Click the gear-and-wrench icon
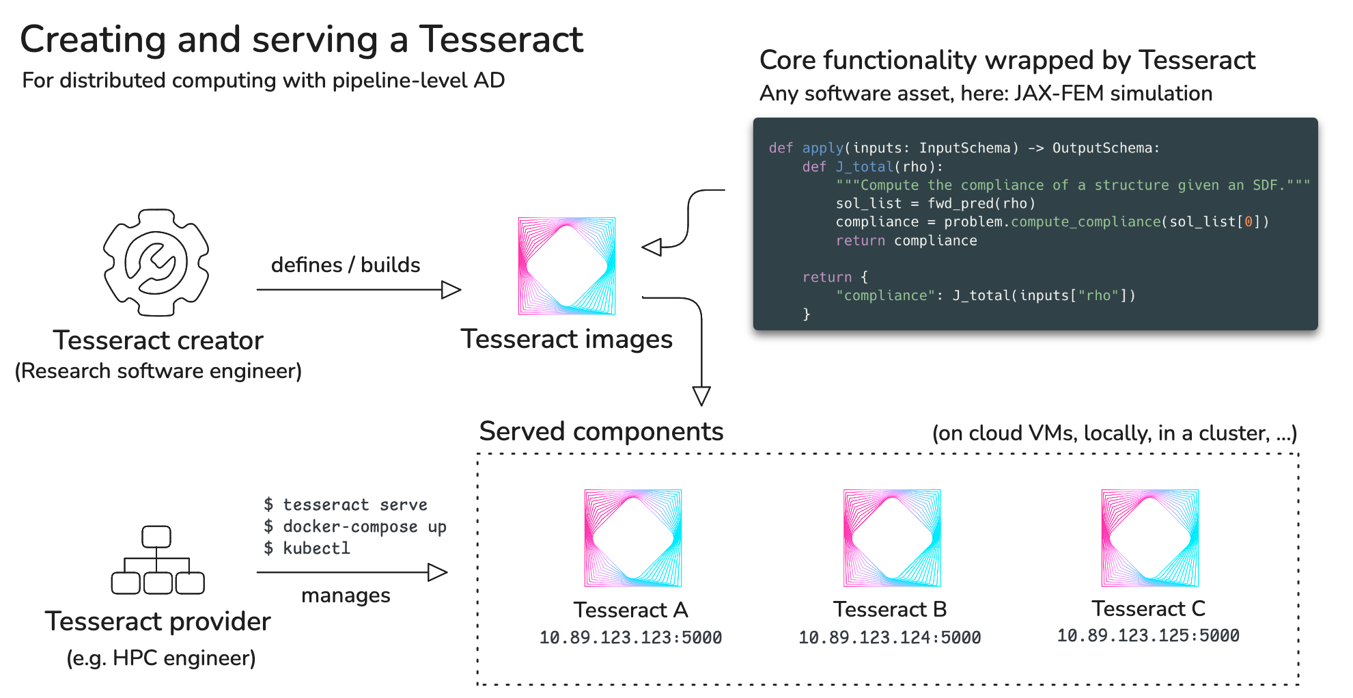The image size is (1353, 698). [x=156, y=263]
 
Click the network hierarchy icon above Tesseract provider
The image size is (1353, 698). [x=158, y=560]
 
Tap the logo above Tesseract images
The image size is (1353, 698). [x=567, y=266]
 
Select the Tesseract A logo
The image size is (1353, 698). [x=633, y=538]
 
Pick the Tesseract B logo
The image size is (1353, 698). [x=892, y=538]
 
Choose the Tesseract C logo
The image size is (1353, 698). [x=1150, y=538]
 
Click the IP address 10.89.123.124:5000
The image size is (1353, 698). [x=889, y=638]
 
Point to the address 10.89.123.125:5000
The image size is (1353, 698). [x=1148, y=636]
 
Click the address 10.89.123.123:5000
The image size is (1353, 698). [x=630, y=638]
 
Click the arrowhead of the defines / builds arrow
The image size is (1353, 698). [x=451, y=290]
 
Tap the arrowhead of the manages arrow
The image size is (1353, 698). [x=437, y=572]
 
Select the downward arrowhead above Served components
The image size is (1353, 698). [x=701, y=396]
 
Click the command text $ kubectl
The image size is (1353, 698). [x=307, y=548]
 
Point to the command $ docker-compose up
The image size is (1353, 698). [x=355, y=526]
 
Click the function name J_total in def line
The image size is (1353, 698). [x=865, y=167]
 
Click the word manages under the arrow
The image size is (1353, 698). [x=346, y=595]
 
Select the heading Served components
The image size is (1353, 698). [x=601, y=431]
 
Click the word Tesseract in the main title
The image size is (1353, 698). [x=501, y=39]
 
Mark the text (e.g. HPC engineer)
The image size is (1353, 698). [x=161, y=658]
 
